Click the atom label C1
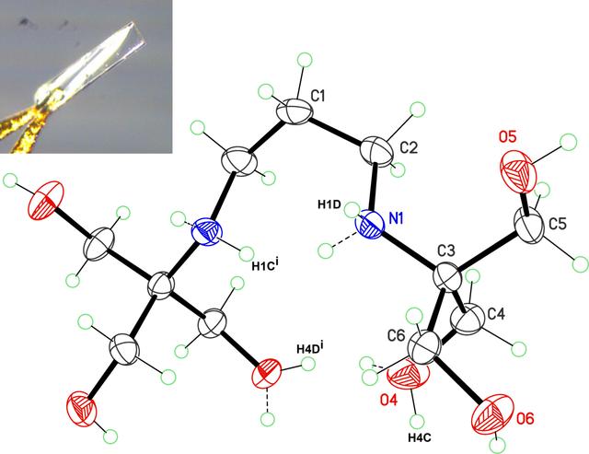click(318, 96)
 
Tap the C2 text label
click(409, 147)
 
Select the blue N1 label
click(396, 218)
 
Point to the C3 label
click(446, 250)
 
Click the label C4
click(497, 313)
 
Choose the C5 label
click(558, 224)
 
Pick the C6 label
click(397, 335)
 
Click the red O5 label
click(508, 137)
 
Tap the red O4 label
click(388, 401)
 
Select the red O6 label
click(525, 418)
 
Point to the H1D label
click(329, 204)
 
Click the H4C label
click(420, 437)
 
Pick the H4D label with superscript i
click(310, 348)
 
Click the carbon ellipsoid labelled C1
click(295, 111)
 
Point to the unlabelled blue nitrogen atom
click(207, 232)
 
